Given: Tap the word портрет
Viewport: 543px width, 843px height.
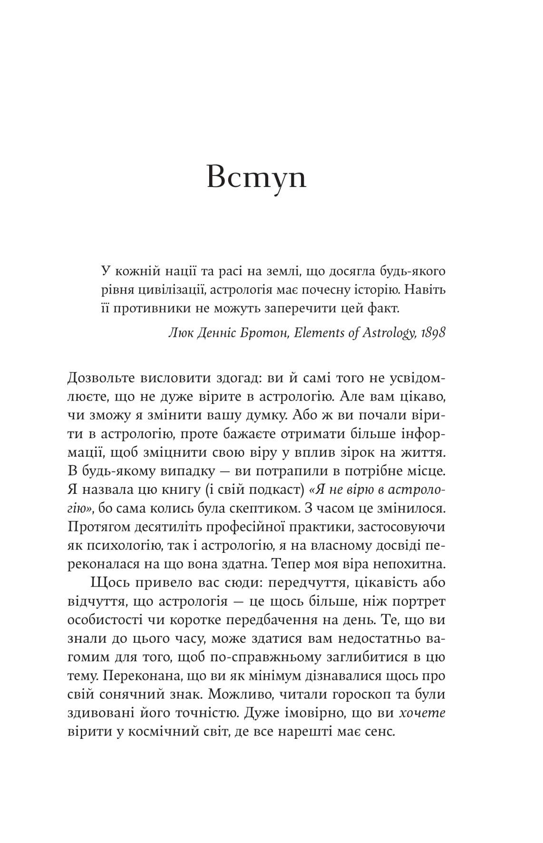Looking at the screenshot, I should [x=419, y=601].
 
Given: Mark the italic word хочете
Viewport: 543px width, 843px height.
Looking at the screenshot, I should [x=422, y=713].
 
